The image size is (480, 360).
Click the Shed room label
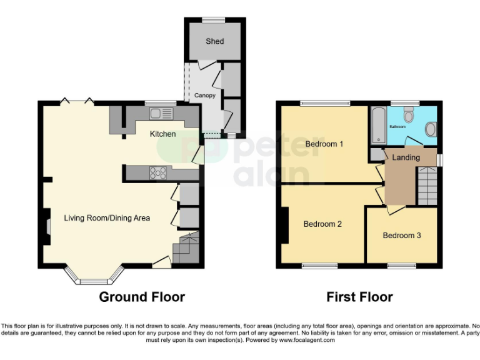pyautogui.click(x=214, y=41)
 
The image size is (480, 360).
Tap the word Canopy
pyautogui.click(x=205, y=96)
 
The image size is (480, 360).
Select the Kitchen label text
pyautogui.click(x=162, y=134)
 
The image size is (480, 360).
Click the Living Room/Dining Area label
pyautogui.click(x=107, y=217)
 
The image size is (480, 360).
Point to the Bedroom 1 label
pyautogui.click(x=324, y=144)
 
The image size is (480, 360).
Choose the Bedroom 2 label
pyautogui.click(x=322, y=224)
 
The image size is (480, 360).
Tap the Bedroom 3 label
pyautogui.click(x=402, y=236)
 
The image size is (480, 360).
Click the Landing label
pyautogui.click(x=406, y=157)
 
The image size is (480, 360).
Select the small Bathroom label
pyautogui.click(x=397, y=127)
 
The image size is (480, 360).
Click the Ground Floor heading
pyautogui.click(x=142, y=297)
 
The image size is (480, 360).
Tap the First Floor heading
pyautogui.click(x=359, y=297)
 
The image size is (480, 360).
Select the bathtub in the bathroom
pyautogui.click(x=378, y=125)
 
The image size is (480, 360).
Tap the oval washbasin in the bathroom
pyautogui.click(x=431, y=129)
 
